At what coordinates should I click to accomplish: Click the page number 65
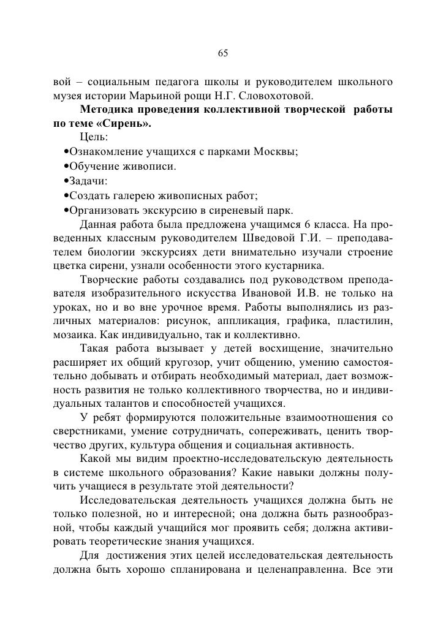(x=223, y=54)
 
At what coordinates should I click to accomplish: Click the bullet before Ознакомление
(x=66, y=153)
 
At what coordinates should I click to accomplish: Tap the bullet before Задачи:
(x=66, y=181)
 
